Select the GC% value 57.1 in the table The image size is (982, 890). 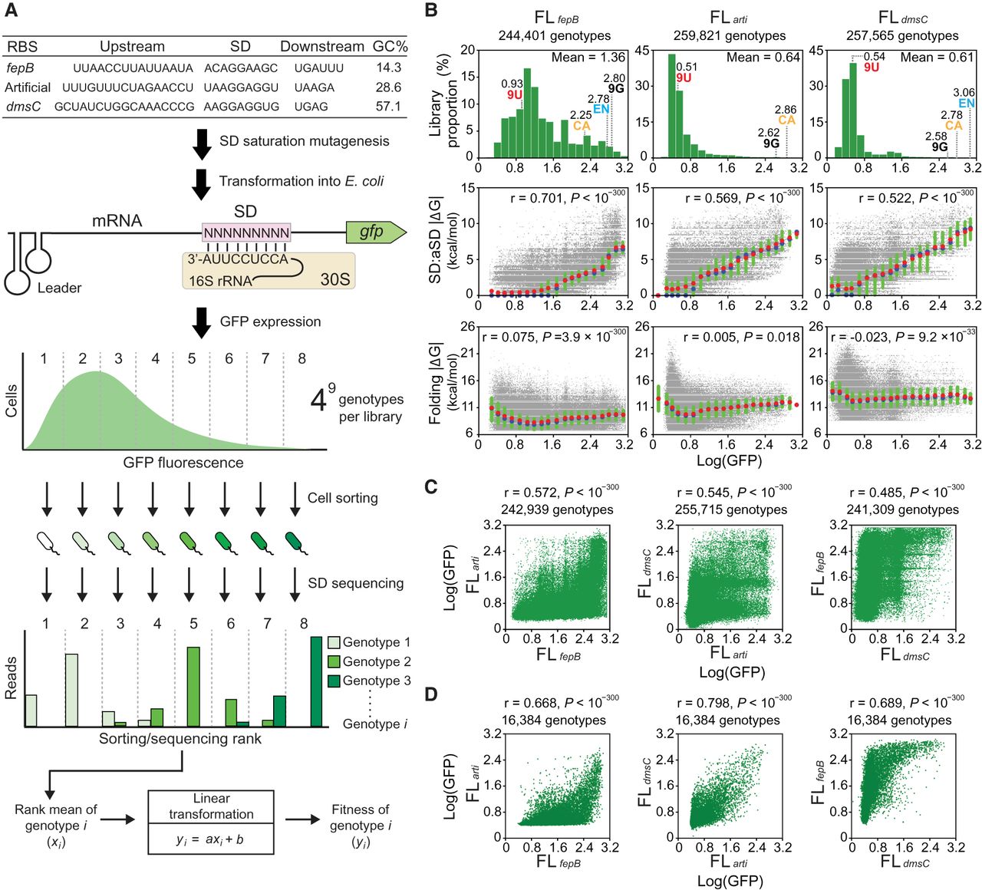click(389, 107)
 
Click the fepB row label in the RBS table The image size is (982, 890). click(20, 68)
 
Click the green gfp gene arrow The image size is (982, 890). click(374, 231)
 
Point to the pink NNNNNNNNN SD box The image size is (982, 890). click(245, 231)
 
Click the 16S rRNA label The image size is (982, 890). click(220, 281)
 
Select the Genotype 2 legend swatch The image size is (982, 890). click(333, 661)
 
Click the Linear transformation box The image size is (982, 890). click(211, 822)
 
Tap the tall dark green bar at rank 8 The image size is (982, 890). click(316, 681)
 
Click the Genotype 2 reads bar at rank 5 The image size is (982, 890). click(193, 687)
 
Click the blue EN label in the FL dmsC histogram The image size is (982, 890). click(966, 104)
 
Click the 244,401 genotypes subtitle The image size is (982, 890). click(554, 35)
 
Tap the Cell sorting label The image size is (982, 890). click(342, 498)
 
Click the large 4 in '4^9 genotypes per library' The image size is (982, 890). click(318, 400)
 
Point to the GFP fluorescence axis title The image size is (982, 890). click(183, 463)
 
